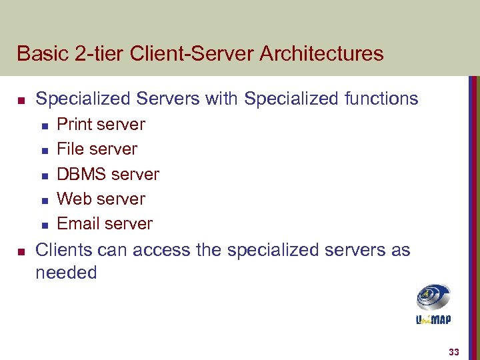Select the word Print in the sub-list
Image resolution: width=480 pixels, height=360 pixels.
point(73,125)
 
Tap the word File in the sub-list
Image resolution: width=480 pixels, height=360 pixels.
point(70,149)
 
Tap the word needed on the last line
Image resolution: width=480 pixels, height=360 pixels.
point(66,273)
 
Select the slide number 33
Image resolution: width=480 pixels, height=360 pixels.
point(453,352)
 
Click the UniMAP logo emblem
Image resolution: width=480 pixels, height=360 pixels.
point(433,297)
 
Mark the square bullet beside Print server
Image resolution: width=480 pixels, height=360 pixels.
point(43,126)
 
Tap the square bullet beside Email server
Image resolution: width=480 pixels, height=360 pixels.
point(43,225)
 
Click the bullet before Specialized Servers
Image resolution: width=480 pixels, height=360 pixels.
point(21,101)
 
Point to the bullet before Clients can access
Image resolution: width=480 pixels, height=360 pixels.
point(21,252)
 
